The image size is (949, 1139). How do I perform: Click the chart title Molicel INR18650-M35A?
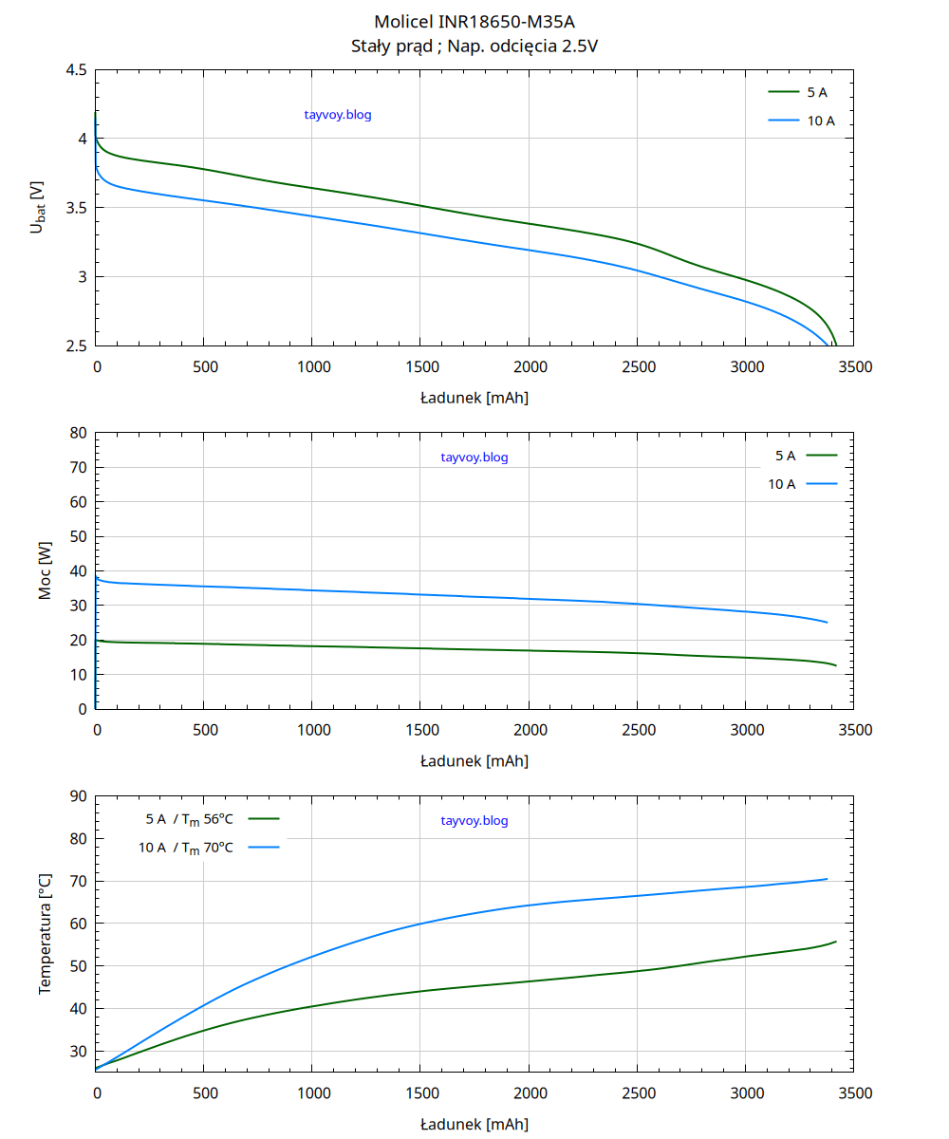pos(474,21)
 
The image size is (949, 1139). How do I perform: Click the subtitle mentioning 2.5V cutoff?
pos(474,45)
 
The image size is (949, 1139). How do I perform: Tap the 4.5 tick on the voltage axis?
pos(77,70)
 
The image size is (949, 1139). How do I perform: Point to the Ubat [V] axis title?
pos(38,208)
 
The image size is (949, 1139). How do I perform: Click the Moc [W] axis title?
pos(45,571)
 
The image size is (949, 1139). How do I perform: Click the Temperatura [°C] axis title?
pos(45,935)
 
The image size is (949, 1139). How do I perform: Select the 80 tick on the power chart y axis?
pos(77,433)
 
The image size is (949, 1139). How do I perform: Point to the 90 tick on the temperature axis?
pos(77,796)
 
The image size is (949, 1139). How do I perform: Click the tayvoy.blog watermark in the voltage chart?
pos(338,115)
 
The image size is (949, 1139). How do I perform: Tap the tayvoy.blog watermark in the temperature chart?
pos(474,821)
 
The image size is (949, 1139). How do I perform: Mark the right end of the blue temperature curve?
pos(827,879)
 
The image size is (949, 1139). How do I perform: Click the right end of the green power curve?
pos(836,665)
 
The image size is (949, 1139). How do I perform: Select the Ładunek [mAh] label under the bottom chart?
pos(474,1124)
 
